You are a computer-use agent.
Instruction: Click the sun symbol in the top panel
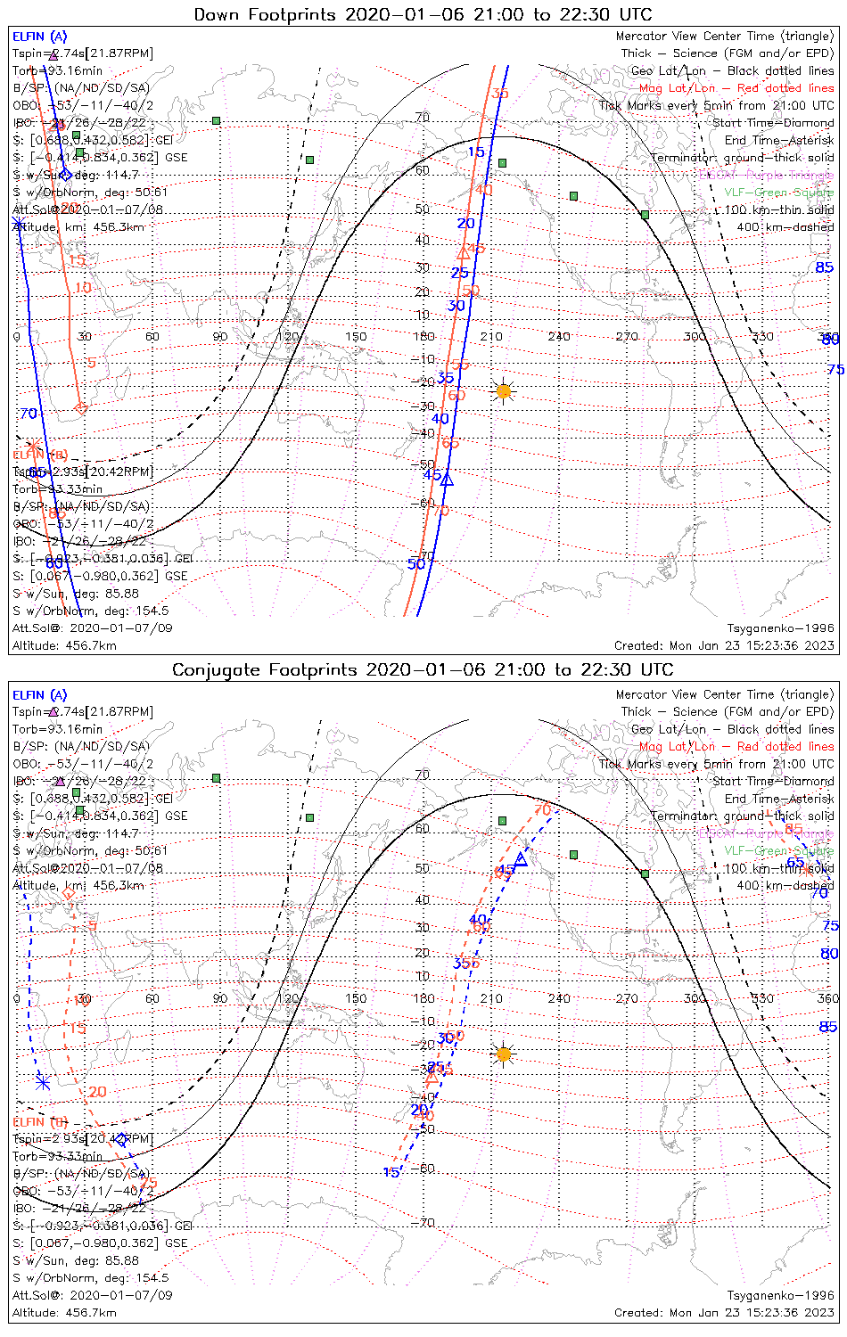click(504, 390)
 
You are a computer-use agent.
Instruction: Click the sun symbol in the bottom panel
click(504, 1054)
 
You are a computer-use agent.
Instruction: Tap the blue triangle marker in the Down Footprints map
click(448, 480)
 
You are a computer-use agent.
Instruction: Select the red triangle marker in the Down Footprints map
click(464, 254)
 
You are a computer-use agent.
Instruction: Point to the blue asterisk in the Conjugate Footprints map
click(43, 1082)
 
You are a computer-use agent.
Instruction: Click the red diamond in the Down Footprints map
click(81, 408)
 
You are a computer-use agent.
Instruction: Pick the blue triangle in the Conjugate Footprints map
click(521, 859)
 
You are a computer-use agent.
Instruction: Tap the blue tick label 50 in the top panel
click(415, 563)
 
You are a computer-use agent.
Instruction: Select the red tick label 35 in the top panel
click(499, 94)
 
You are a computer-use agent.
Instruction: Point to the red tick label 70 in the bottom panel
click(542, 810)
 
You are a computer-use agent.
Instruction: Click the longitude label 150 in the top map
click(356, 336)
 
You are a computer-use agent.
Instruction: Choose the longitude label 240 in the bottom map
click(559, 998)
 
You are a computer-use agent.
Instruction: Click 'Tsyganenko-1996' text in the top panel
click(781, 628)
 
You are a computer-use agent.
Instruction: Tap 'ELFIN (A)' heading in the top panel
click(39, 37)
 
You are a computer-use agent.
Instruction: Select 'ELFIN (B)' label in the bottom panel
click(40, 1121)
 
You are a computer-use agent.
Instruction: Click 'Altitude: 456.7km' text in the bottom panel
click(64, 1312)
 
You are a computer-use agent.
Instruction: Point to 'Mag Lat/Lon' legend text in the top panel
click(677, 88)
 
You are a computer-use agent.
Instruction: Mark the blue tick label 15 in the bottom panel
click(391, 1172)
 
